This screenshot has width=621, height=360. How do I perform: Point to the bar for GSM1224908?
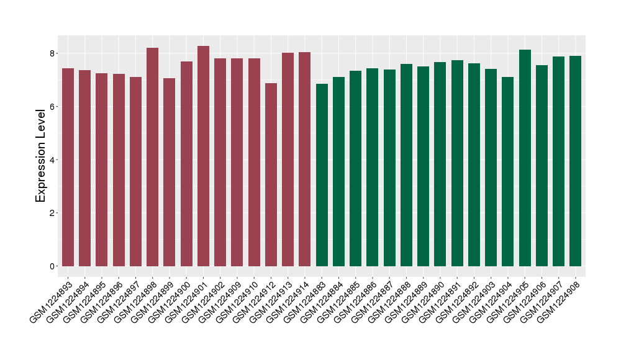576,161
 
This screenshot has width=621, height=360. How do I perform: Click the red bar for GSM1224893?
68,167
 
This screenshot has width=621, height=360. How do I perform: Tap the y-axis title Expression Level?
41,155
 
